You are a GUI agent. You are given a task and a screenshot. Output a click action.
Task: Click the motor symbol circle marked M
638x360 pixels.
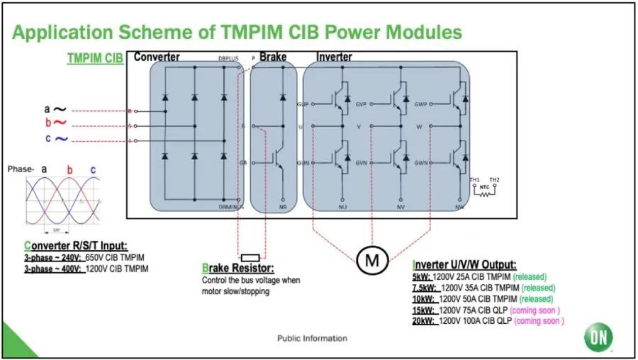pos(371,260)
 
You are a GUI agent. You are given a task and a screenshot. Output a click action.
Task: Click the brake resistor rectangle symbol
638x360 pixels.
pos(251,257)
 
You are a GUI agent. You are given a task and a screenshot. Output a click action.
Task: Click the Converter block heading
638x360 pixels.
pos(157,57)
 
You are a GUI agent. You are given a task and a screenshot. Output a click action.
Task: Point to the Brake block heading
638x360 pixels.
pos(272,57)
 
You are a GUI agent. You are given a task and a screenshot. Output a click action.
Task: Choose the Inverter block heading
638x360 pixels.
pos(334,57)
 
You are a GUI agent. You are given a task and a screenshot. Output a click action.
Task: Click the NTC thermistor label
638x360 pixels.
pos(483,188)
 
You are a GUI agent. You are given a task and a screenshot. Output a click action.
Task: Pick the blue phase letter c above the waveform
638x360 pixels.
pos(93,169)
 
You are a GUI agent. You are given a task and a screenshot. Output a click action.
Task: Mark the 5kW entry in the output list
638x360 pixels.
pos(421,276)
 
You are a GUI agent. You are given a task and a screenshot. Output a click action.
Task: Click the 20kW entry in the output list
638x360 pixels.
pos(423,321)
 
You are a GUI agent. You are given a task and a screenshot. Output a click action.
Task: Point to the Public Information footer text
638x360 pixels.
pos(312,338)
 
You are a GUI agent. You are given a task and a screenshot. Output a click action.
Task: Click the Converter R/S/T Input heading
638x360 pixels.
pos(75,246)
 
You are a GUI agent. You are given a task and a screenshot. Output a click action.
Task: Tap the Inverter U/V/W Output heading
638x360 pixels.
pos(464,264)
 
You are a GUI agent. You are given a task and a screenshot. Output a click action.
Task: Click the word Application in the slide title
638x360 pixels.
pos(63,32)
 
